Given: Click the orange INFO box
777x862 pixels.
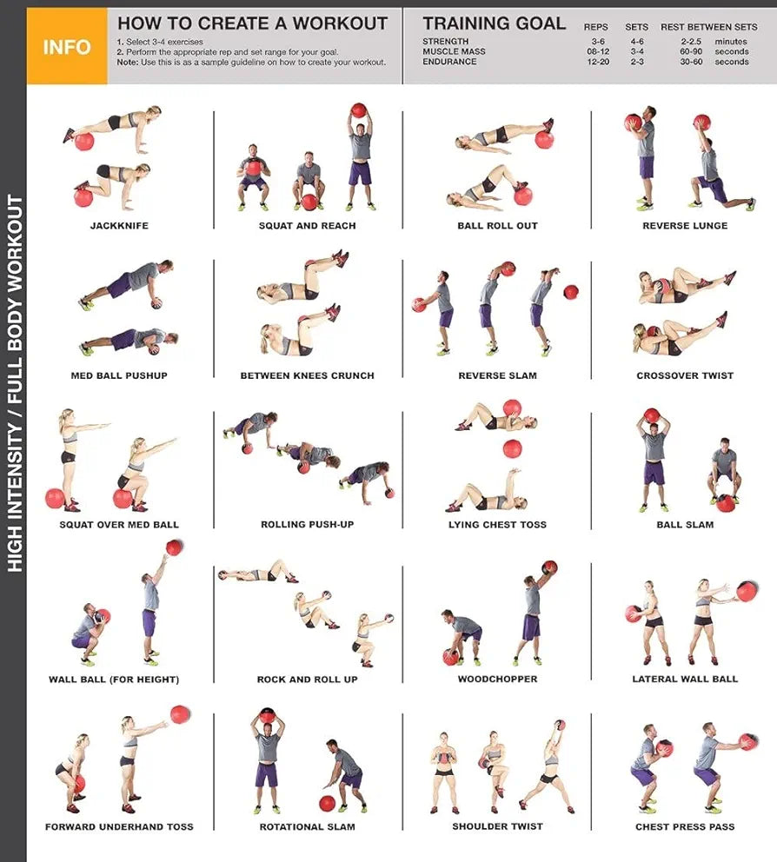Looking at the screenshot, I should [x=67, y=46].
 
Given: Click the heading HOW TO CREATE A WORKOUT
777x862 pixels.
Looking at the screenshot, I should [x=252, y=23].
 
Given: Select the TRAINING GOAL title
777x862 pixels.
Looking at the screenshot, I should [x=494, y=23].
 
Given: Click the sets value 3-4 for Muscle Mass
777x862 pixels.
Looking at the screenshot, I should [x=636, y=52].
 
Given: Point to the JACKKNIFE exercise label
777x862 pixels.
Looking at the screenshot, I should [x=119, y=226].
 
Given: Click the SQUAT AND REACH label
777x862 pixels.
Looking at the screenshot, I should [x=307, y=226].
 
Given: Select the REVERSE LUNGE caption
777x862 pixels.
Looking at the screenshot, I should [x=685, y=226].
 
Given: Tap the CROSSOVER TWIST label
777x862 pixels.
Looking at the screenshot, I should [x=685, y=376].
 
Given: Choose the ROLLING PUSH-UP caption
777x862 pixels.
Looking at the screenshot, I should [x=307, y=525].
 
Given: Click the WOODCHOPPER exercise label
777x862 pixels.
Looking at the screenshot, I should [x=497, y=680].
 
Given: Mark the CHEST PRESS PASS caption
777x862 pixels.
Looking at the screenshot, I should [x=685, y=827].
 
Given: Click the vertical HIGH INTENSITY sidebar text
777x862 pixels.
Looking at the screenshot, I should [x=15, y=382].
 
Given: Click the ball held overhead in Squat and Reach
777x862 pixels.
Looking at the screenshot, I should [x=358, y=110].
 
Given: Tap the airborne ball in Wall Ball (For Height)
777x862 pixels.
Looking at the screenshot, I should [x=175, y=547].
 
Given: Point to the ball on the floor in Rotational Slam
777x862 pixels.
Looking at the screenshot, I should [x=327, y=803].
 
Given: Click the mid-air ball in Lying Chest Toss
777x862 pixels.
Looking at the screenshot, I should [x=512, y=448].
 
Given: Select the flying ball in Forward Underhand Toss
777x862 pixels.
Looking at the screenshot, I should [x=180, y=714].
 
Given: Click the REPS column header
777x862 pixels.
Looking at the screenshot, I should [x=596, y=27].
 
